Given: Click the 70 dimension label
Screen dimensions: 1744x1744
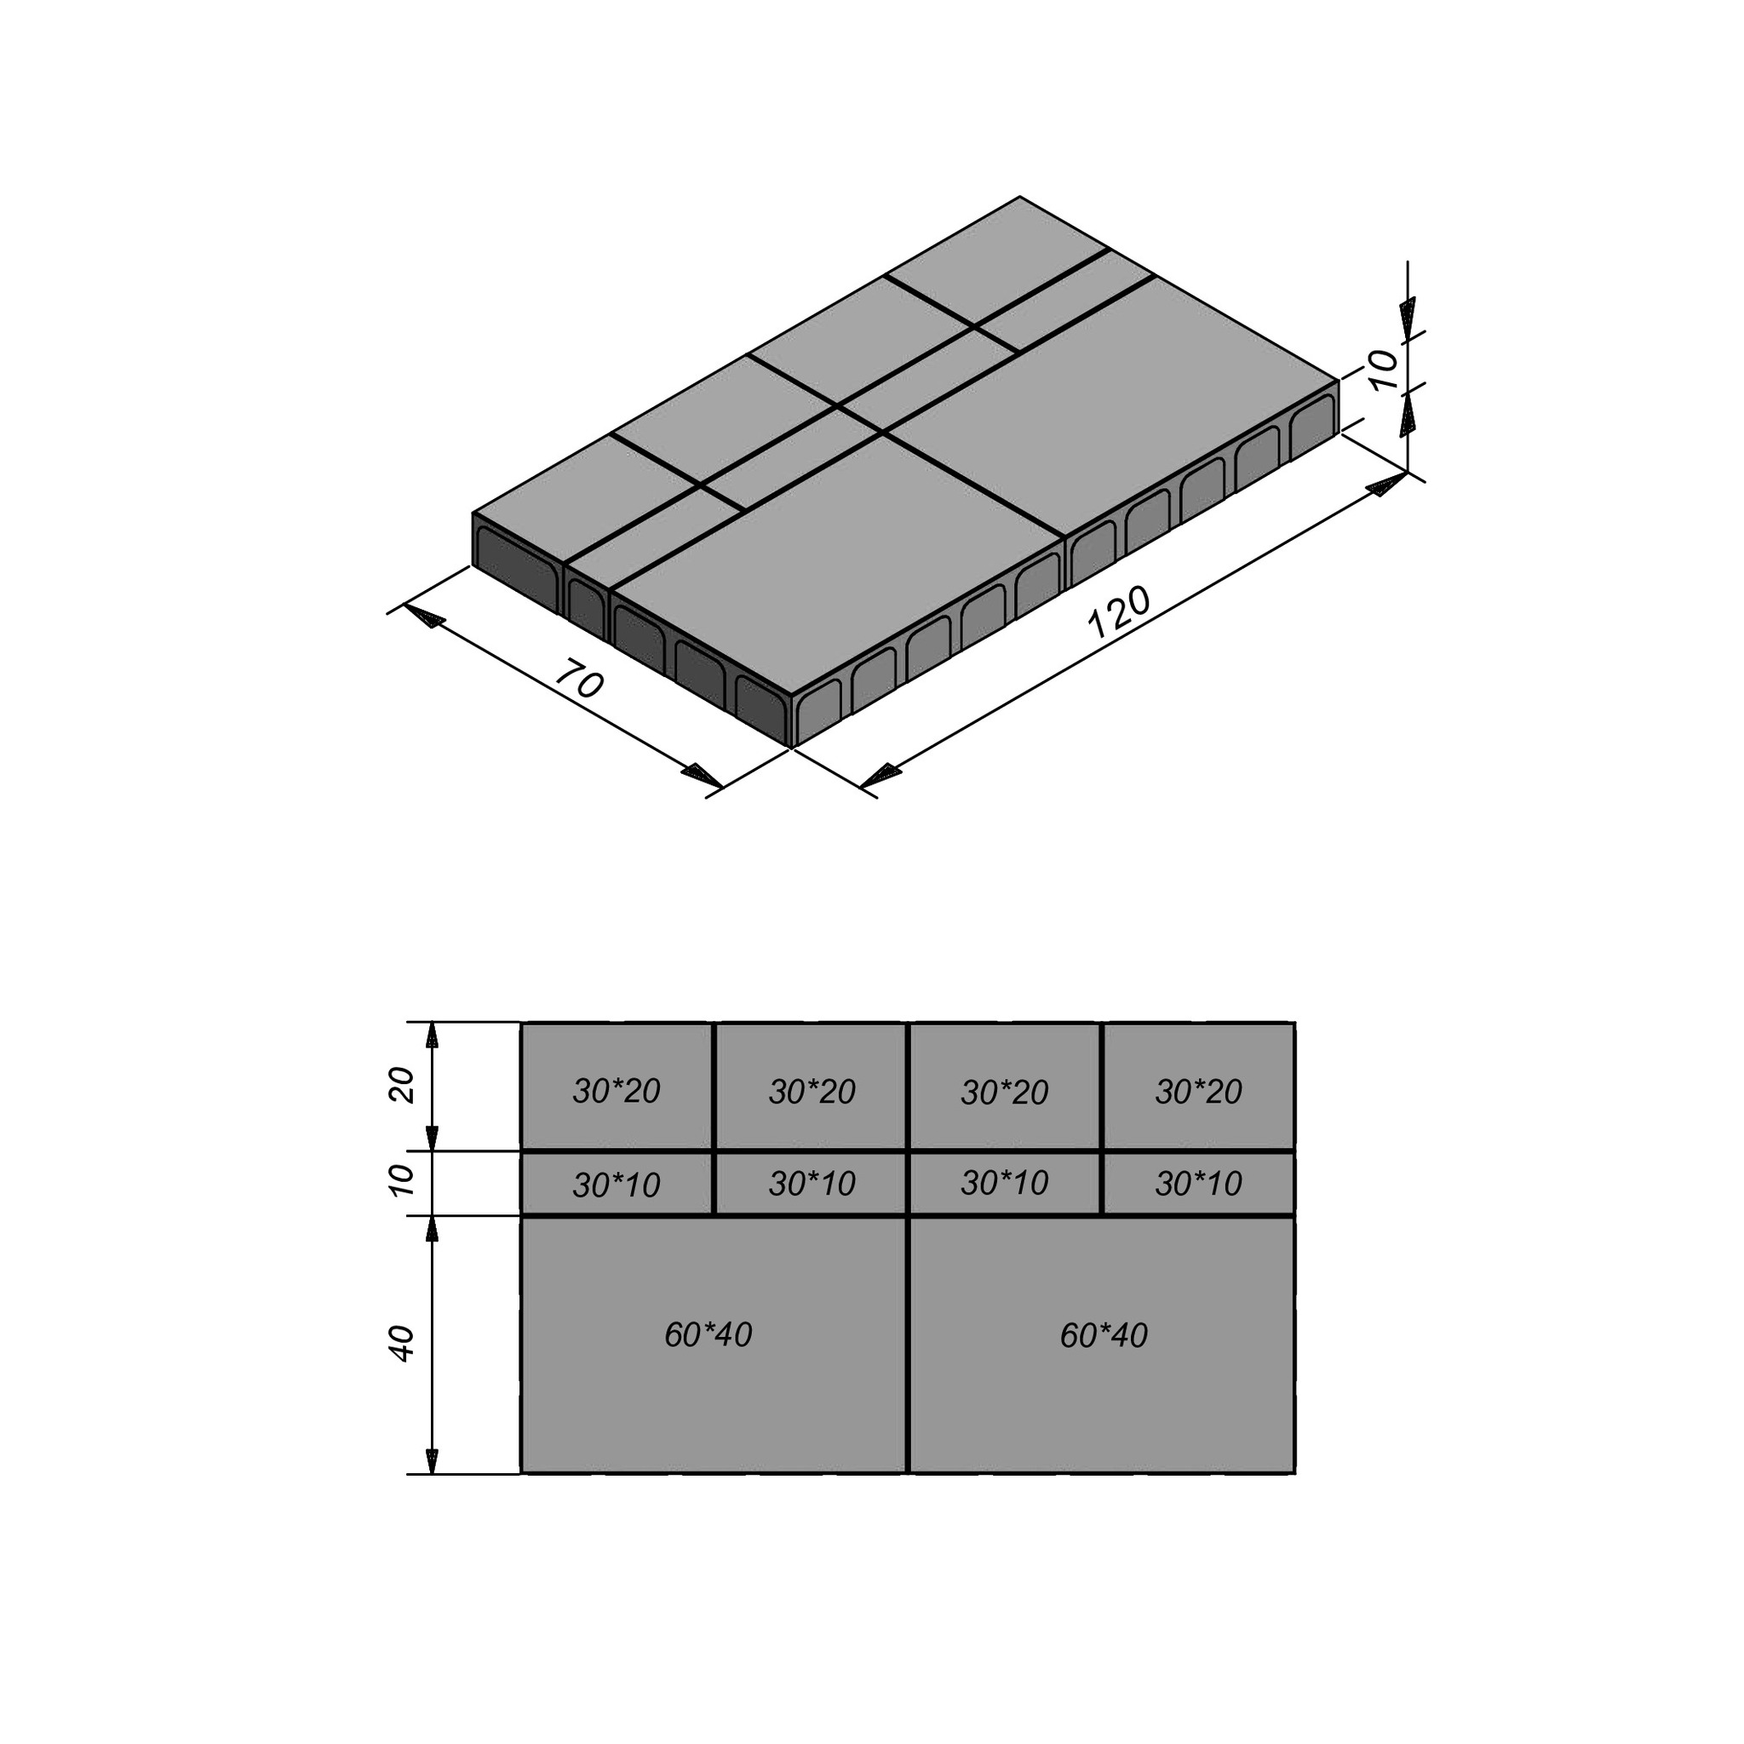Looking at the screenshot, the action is (x=577, y=680).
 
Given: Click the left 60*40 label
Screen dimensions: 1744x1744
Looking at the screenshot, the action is (x=708, y=1334).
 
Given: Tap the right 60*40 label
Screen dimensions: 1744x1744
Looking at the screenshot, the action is (x=1104, y=1335).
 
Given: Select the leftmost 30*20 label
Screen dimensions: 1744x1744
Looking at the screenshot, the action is (x=617, y=1092).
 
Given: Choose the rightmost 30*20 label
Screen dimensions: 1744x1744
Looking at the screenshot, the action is (x=1199, y=1092).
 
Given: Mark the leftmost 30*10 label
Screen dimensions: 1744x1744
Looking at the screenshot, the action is (x=617, y=1185).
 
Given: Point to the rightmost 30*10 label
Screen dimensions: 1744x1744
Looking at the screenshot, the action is (x=1199, y=1183).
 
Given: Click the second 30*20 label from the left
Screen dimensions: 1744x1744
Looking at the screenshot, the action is (x=812, y=1092).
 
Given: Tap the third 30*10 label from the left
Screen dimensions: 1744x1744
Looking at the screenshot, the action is (x=1005, y=1183).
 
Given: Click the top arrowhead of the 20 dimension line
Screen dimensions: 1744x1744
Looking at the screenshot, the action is (x=433, y=1035).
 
